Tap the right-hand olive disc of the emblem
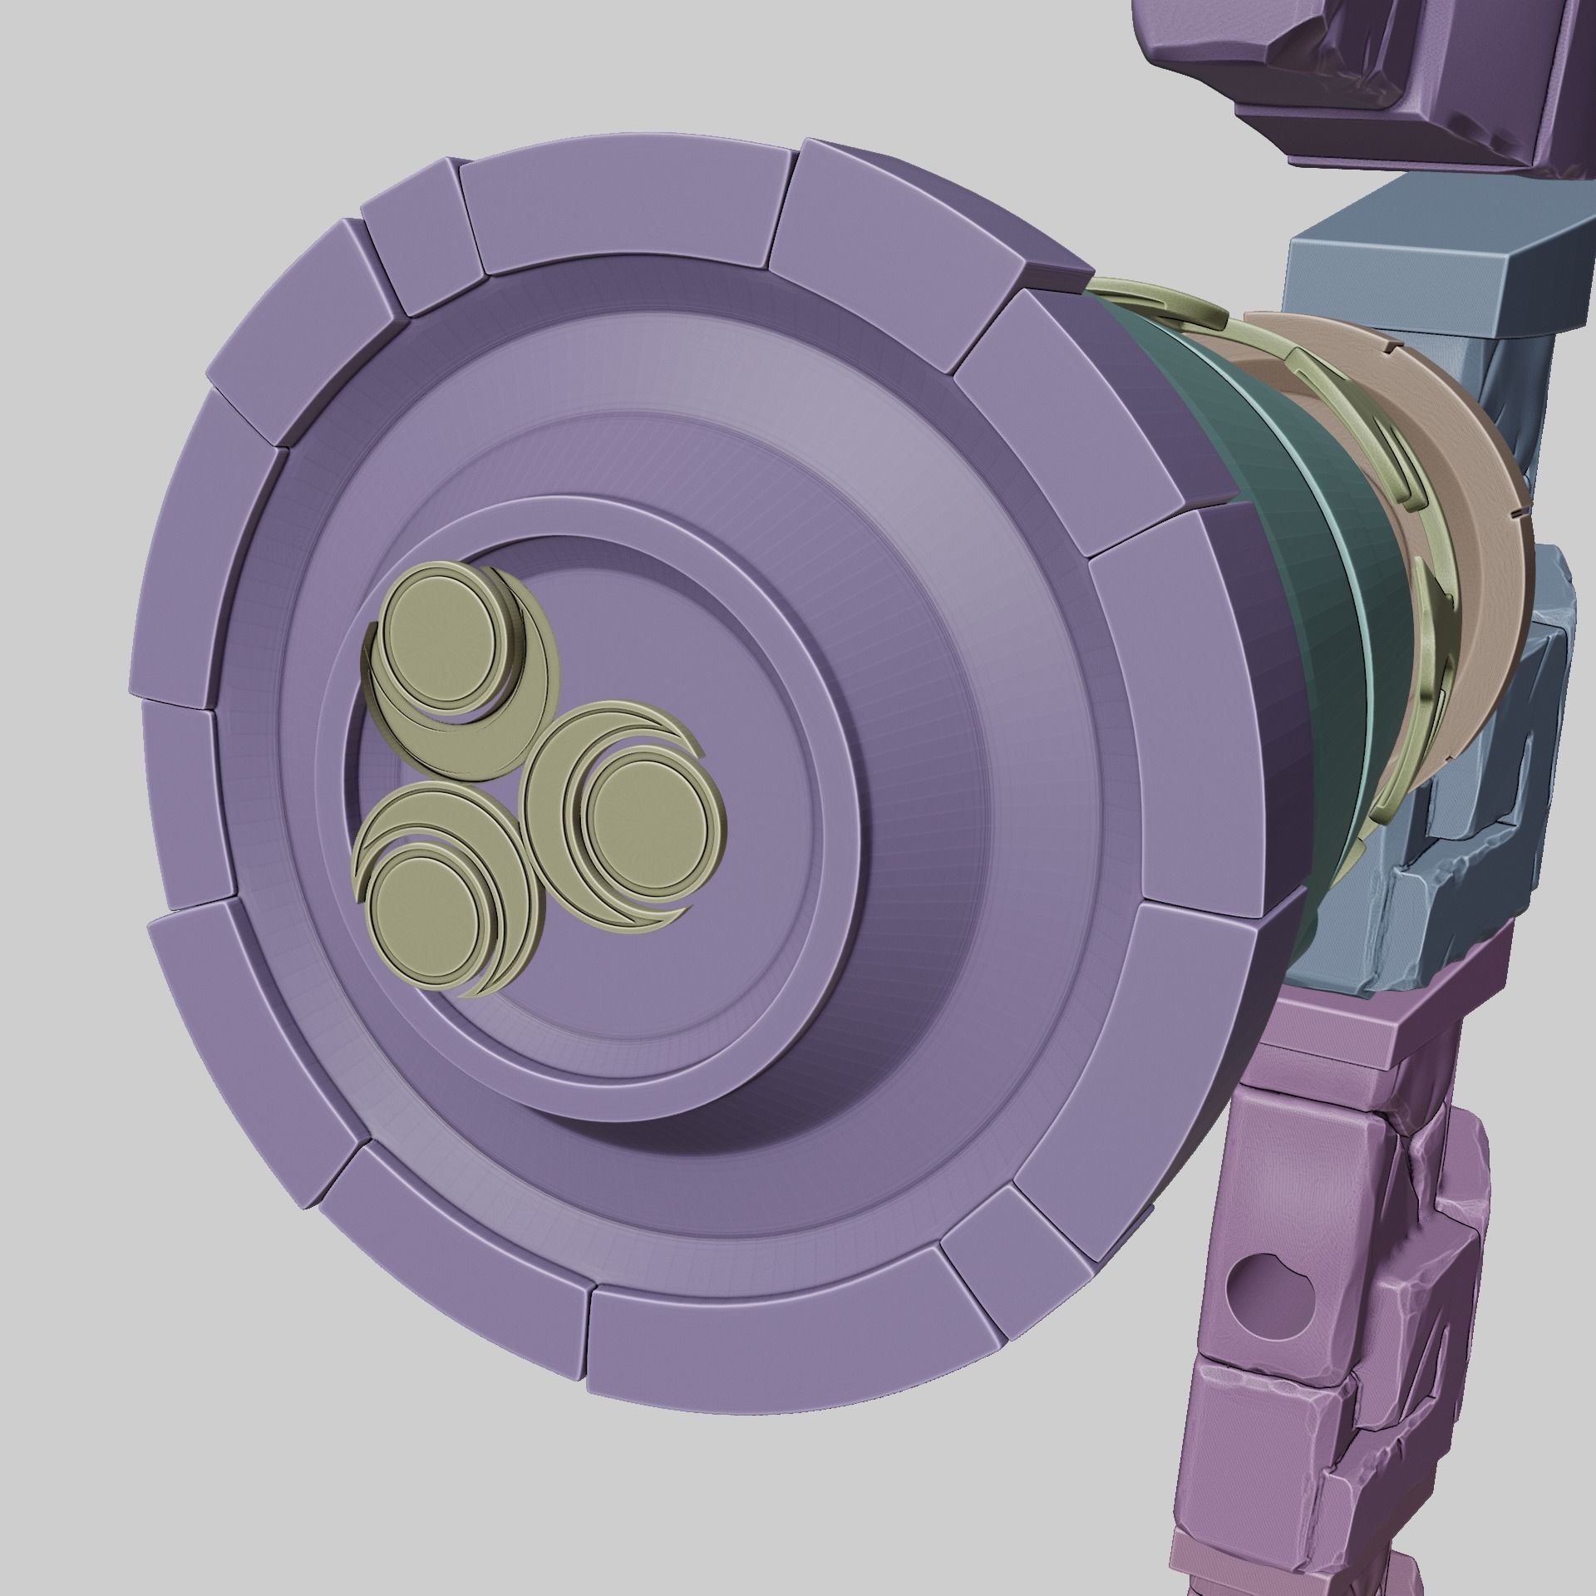(648, 815)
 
